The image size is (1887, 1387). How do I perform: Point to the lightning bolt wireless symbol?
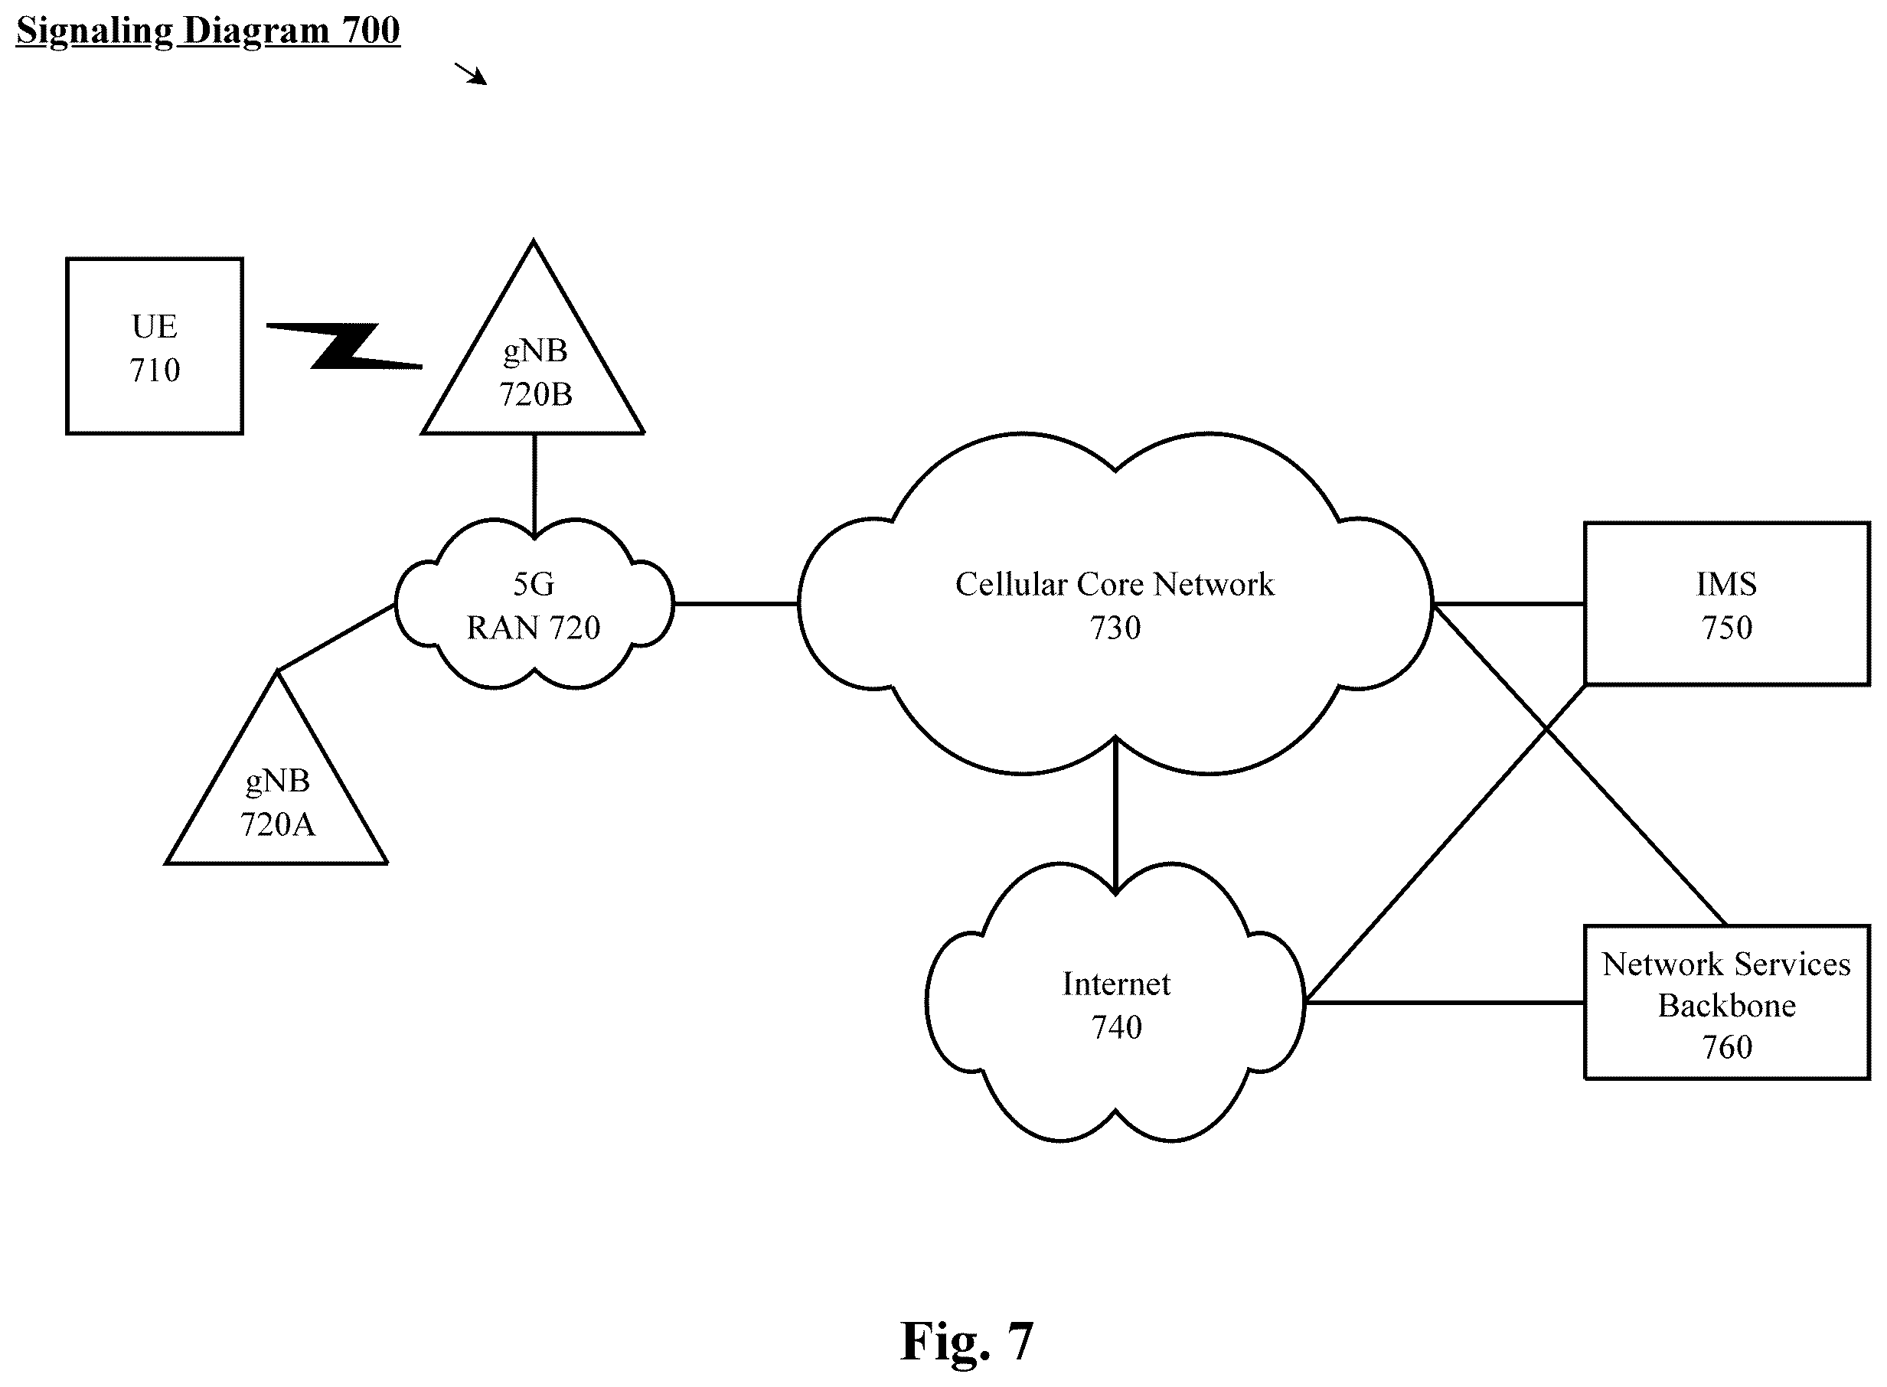(344, 346)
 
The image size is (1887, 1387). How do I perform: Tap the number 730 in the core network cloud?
(1115, 628)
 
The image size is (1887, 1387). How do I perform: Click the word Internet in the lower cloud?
(1115, 983)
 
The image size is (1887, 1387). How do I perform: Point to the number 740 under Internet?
(1116, 1026)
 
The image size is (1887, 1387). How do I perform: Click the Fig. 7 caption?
(966, 1342)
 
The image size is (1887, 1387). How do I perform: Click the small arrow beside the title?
(471, 74)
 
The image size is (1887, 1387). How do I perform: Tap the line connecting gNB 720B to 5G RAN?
(534, 485)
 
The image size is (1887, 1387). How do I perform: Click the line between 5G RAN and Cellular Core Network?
(736, 604)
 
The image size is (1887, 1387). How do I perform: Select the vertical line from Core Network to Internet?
(1115, 814)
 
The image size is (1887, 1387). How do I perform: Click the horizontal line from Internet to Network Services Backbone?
(1444, 1003)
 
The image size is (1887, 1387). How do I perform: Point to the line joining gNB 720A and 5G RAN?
(336, 638)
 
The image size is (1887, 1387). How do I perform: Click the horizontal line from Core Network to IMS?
(1508, 604)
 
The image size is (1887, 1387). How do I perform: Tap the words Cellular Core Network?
(1115, 584)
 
